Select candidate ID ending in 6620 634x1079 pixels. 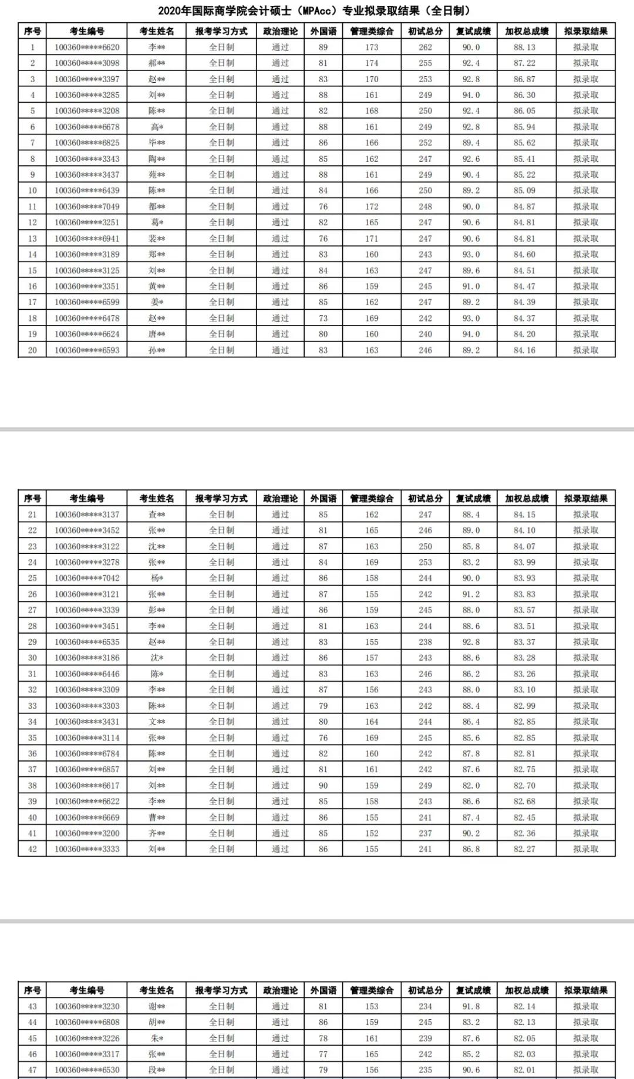coord(87,47)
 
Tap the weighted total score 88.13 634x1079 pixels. coord(524,47)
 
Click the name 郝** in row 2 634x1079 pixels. coord(157,63)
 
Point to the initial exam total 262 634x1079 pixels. coord(425,47)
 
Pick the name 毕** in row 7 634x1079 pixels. coord(157,143)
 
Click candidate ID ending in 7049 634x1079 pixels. coord(87,207)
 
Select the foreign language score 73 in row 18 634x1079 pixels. coord(323,318)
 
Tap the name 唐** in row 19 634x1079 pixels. coord(157,334)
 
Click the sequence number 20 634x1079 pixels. coord(32,350)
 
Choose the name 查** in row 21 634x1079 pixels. coord(157,515)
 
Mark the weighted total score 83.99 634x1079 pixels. coord(524,562)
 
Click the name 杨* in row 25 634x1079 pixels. coord(157,578)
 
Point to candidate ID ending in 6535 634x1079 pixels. coord(87,642)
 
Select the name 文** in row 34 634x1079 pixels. coord(157,722)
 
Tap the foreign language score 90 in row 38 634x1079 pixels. coord(323,785)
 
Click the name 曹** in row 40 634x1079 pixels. coord(157,817)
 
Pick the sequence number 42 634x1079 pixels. coord(32,849)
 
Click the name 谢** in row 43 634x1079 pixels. coord(157,1006)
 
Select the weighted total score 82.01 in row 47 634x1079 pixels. coord(524,1070)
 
